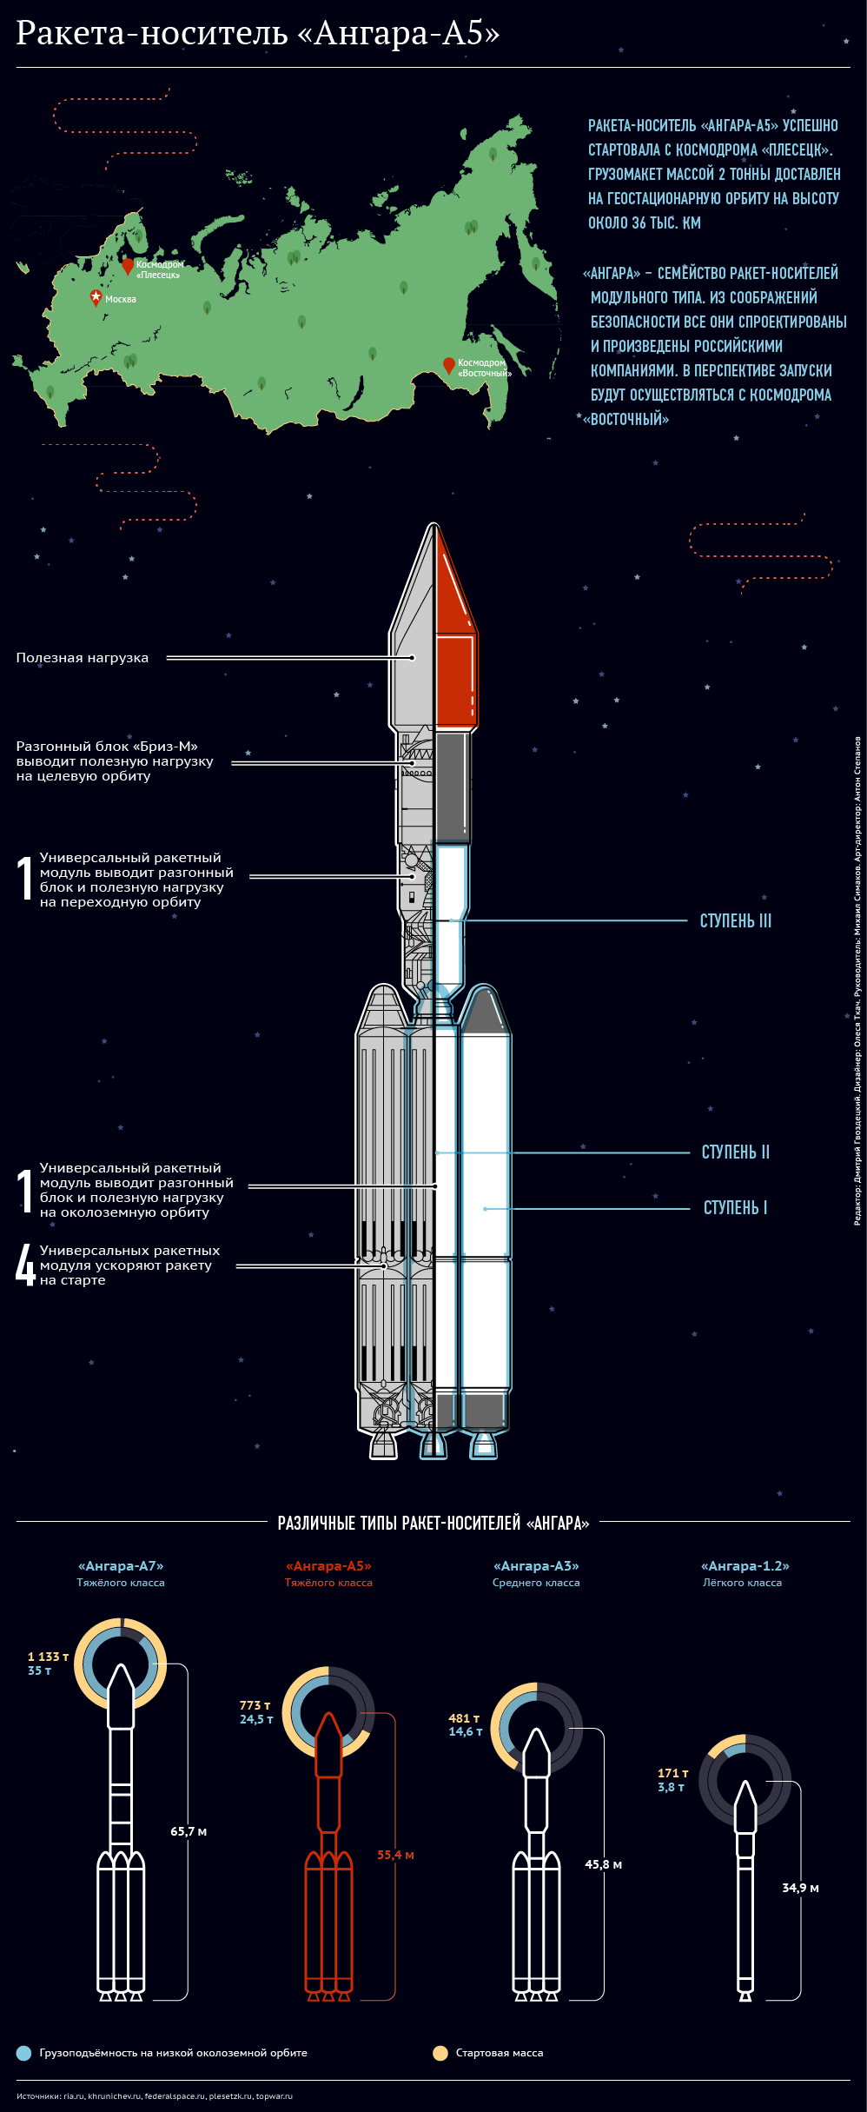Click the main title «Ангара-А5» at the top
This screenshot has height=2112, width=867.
pyautogui.click(x=258, y=33)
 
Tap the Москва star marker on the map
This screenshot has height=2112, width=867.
pyautogui.click(x=96, y=297)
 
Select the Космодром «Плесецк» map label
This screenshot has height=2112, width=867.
pyautogui.click(x=159, y=269)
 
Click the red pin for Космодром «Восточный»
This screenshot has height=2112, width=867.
pyautogui.click(x=448, y=364)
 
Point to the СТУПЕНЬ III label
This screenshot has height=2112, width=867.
pyautogui.click(x=735, y=921)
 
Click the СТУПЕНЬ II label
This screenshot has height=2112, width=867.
pyautogui.click(x=735, y=1152)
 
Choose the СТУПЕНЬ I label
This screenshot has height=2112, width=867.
pyautogui.click(x=735, y=1208)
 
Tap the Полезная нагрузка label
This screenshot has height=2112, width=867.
pyautogui.click(x=83, y=658)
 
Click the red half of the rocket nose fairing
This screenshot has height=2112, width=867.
pyautogui.click(x=454, y=643)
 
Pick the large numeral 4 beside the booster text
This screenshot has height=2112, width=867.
pyautogui.click(x=25, y=1265)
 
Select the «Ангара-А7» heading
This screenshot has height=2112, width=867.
pyautogui.click(x=121, y=1566)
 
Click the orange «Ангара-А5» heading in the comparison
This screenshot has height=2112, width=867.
pyautogui.click(x=328, y=1566)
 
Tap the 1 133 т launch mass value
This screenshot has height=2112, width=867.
pyautogui.click(x=48, y=1657)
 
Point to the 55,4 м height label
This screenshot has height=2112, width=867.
pyautogui.click(x=395, y=1855)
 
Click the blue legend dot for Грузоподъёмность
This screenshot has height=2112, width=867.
pyautogui.click(x=23, y=2053)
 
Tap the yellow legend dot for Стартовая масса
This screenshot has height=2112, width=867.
pyautogui.click(x=440, y=2053)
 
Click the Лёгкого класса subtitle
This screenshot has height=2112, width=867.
pyautogui.click(x=742, y=1583)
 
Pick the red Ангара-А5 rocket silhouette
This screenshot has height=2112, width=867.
pyautogui.click(x=328, y=1869)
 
